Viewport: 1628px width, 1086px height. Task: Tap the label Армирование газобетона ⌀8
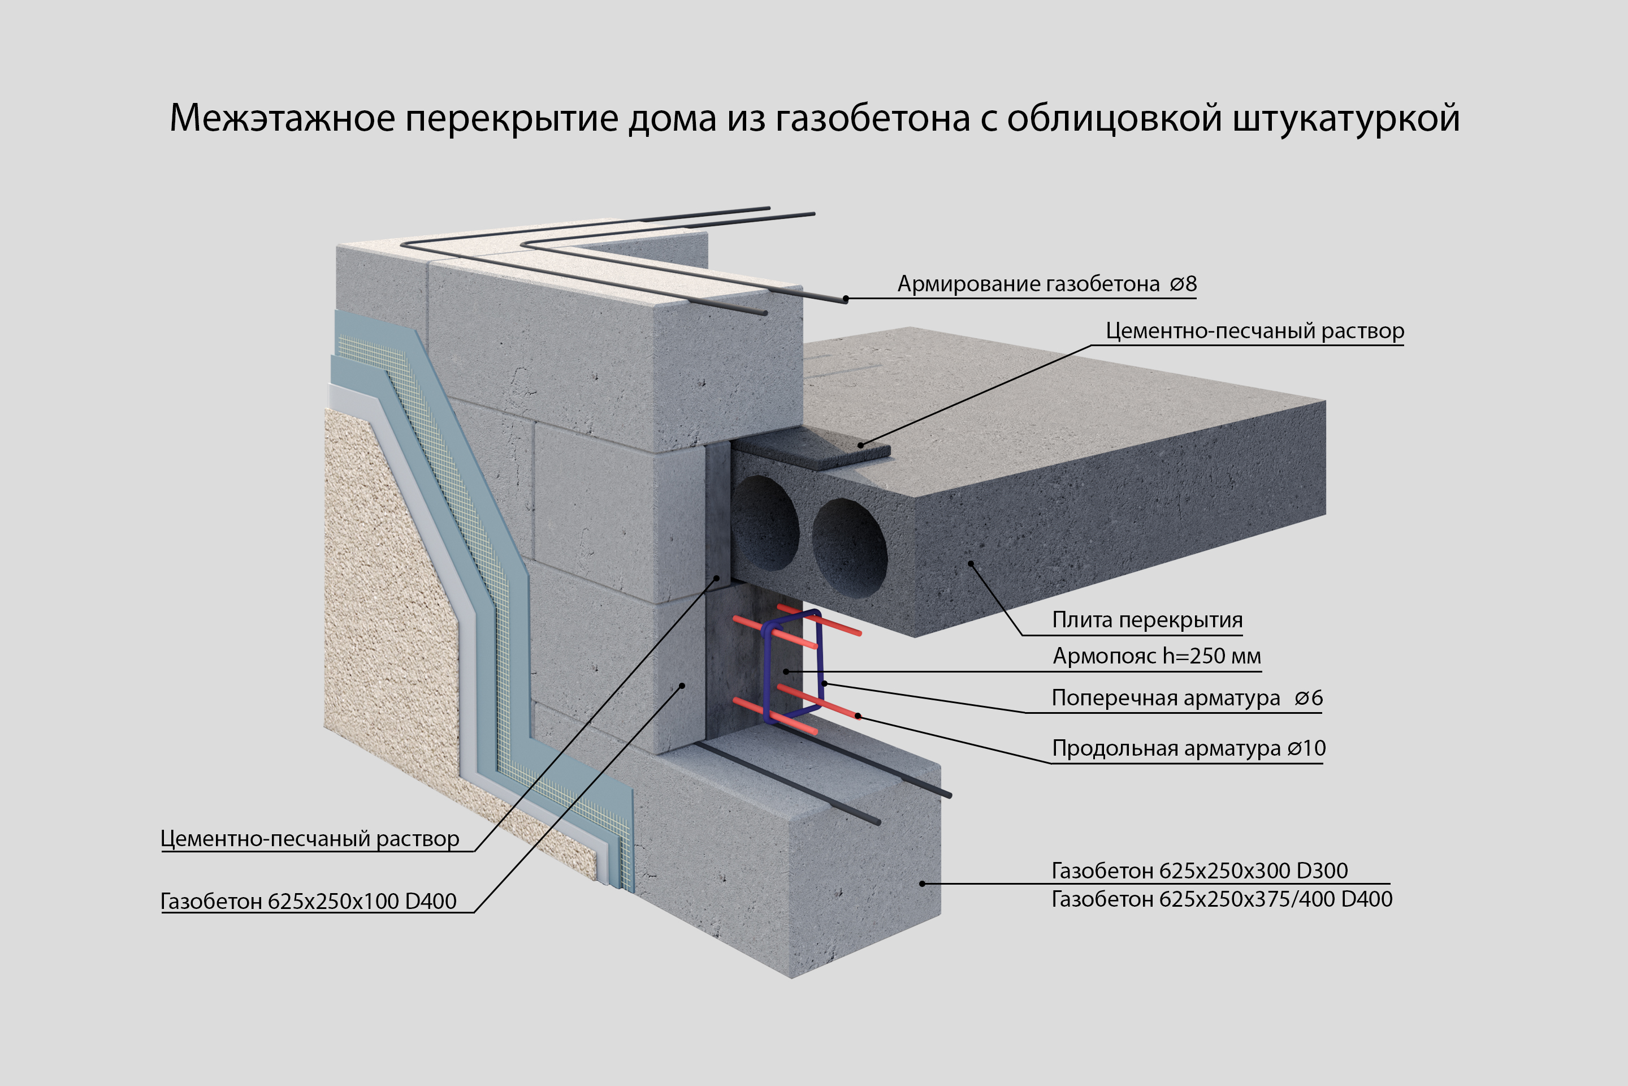coord(1046,284)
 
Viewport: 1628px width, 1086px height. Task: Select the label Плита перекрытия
coord(1147,620)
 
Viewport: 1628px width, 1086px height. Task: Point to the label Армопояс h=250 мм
coord(1157,656)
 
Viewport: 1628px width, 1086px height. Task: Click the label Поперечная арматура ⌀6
coord(1187,698)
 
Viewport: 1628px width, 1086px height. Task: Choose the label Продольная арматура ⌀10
coord(1188,749)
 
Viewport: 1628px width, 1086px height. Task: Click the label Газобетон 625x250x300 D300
coord(1200,870)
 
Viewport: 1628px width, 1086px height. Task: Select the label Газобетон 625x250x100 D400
coord(308,902)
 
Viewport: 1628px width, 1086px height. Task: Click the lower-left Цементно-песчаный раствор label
coord(309,839)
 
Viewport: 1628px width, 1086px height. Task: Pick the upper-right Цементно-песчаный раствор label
coord(1254,331)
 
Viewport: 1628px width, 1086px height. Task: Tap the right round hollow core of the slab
coord(850,547)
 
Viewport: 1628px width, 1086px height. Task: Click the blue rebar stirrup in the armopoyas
coord(821,651)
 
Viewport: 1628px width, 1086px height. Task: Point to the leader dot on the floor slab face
coord(971,564)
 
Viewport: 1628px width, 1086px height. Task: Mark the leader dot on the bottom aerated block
coord(922,884)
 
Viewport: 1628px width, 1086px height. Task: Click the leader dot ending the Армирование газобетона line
coord(846,299)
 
